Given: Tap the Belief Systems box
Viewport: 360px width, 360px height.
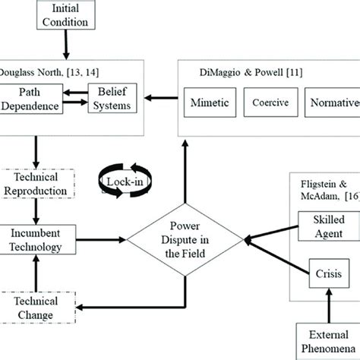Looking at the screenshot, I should [x=115, y=99].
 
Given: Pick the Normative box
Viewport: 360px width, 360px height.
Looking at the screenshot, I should [x=331, y=99].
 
